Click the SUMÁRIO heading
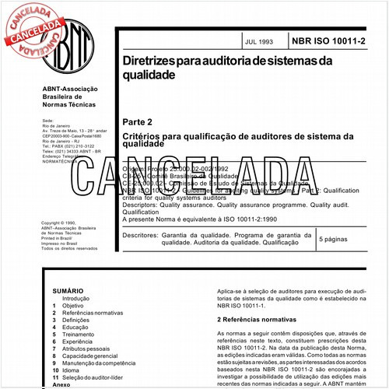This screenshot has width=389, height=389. click(x=68, y=289)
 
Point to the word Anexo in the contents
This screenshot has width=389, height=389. click(x=61, y=384)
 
